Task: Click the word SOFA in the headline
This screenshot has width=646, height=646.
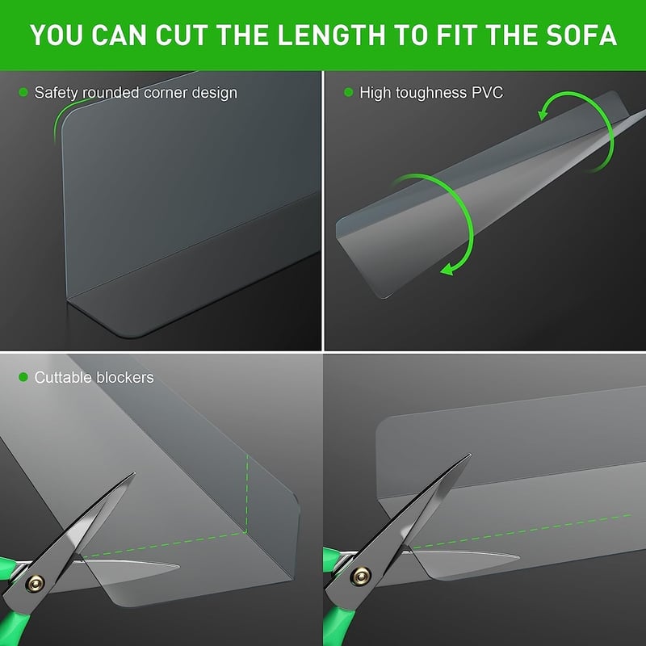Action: pyautogui.click(x=581, y=35)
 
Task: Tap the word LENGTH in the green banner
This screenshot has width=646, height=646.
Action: pyautogui.click(x=332, y=35)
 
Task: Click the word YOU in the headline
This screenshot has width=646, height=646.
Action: pyautogui.click(x=57, y=35)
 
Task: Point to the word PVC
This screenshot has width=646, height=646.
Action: pyautogui.click(x=487, y=92)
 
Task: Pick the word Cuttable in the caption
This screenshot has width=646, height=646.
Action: pyautogui.click(x=63, y=377)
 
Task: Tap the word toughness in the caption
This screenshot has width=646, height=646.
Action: pyautogui.click(x=431, y=93)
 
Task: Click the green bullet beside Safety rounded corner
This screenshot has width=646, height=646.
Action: pyautogui.click(x=23, y=92)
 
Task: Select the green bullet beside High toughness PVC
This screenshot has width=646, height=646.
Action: pyautogui.click(x=349, y=92)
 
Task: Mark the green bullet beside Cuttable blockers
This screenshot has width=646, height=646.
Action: pyautogui.click(x=23, y=377)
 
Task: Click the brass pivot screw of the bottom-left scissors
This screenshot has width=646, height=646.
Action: pyautogui.click(x=35, y=583)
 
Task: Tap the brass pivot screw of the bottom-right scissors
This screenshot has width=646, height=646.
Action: pyautogui.click(x=361, y=576)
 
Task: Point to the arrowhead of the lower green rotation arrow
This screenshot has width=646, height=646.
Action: pyautogui.click(x=447, y=269)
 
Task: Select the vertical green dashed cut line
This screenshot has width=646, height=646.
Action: pyautogui.click(x=247, y=493)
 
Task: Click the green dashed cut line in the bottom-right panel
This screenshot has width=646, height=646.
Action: pyautogui.click(x=522, y=531)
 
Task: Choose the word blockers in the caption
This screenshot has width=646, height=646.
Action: pyautogui.click(x=125, y=377)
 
